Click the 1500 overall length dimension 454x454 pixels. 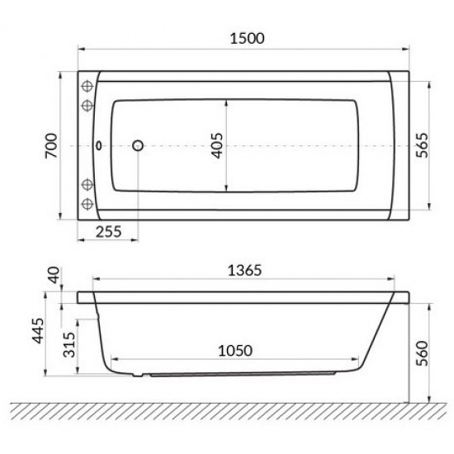click(x=244, y=39)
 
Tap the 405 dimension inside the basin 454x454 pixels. click(x=216, y=146)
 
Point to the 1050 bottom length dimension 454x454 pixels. click(x=234, y=349)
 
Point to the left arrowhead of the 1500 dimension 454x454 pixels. click(x=82, y=49)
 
